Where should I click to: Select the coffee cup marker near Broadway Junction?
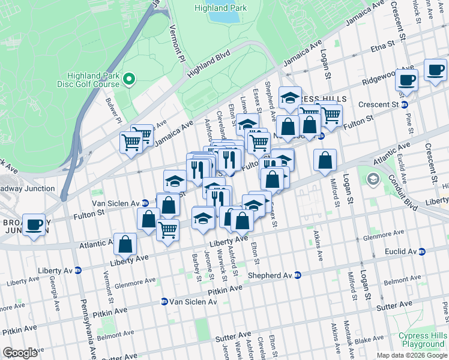[34, 225]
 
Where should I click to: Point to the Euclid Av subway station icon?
[422, 251]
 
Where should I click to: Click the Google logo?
[20, 353]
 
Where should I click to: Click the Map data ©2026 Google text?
[411, 355]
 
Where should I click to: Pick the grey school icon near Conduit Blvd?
[373, 179]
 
